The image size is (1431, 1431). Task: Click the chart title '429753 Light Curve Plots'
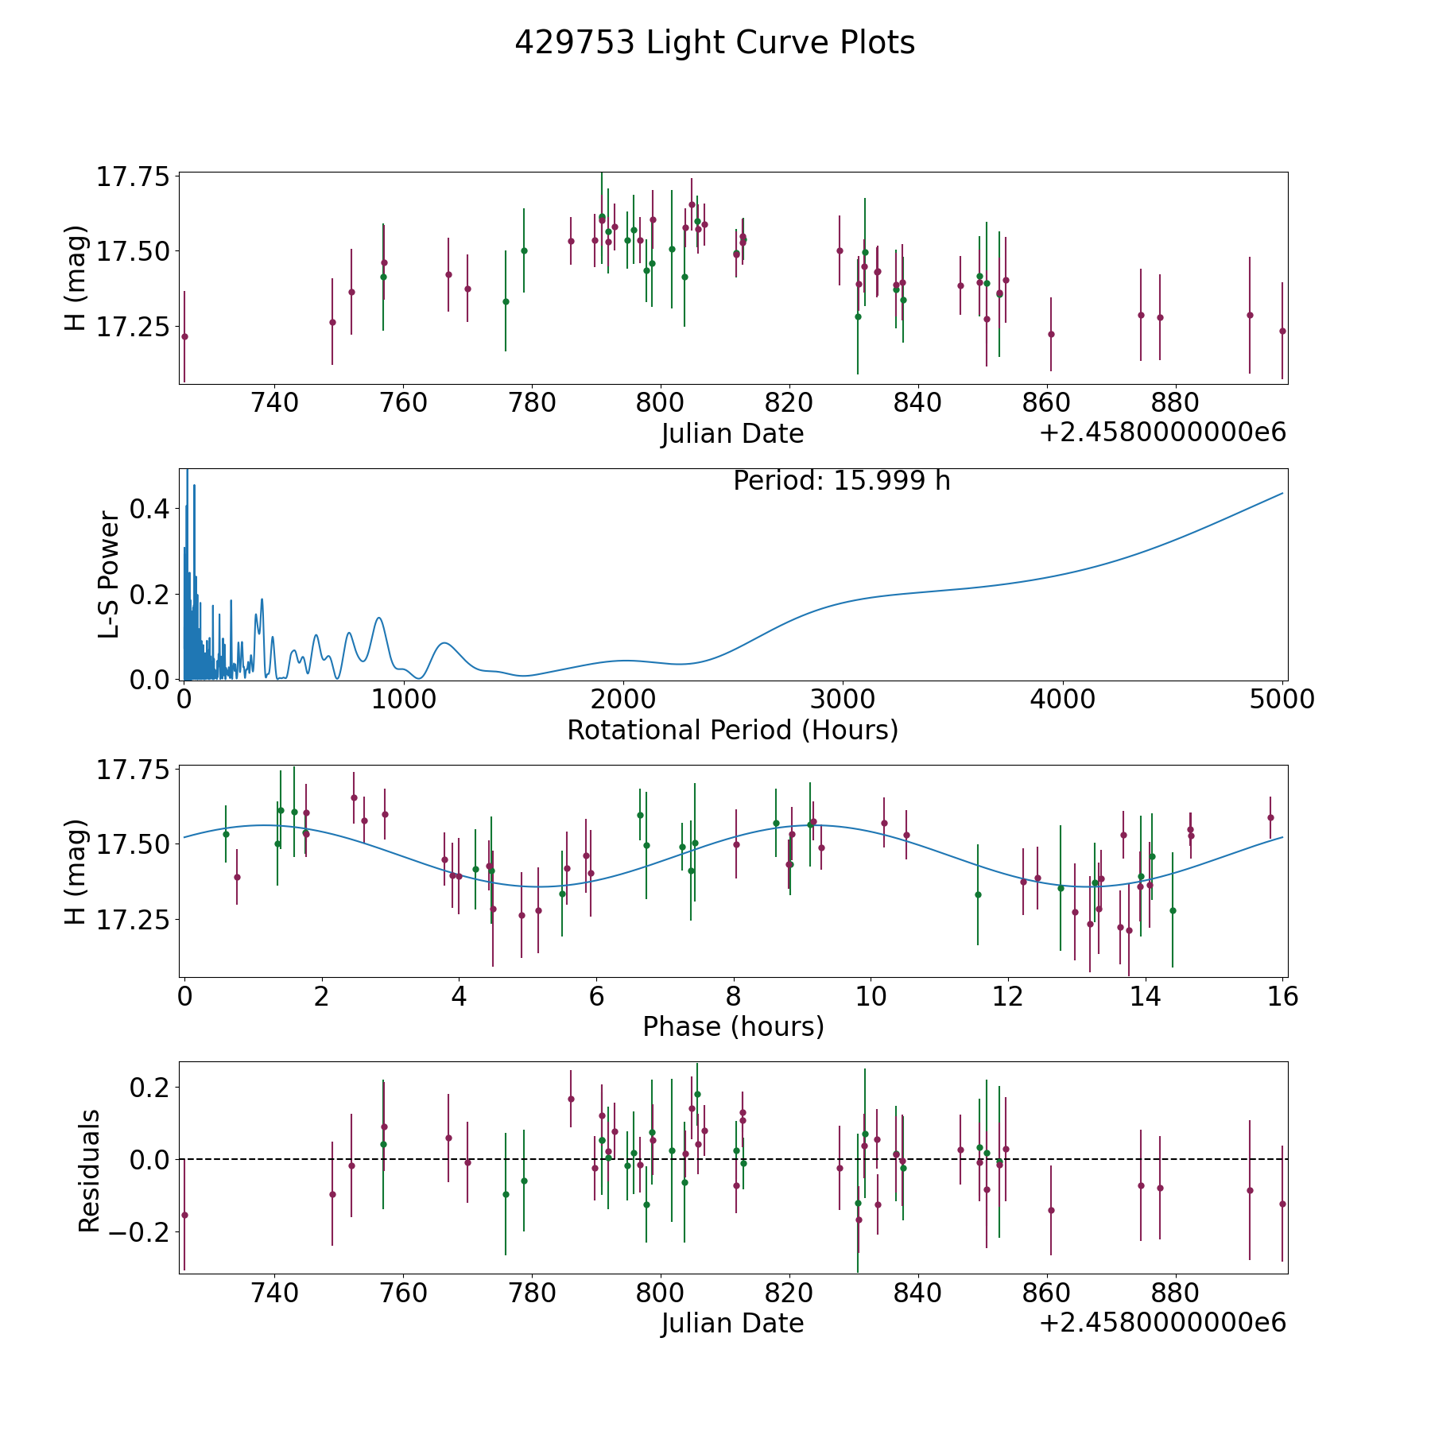(715, 43)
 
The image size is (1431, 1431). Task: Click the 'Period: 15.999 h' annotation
(841, 481)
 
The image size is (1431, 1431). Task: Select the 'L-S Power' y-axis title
(110, 575)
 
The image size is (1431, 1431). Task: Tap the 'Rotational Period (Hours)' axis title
(732, 730)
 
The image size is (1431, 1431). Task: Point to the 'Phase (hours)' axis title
(733, 1026)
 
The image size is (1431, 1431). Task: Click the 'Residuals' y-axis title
(90, 1170)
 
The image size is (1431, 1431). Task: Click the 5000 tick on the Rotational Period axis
(1282, 700)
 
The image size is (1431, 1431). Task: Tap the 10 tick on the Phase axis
(871, 996)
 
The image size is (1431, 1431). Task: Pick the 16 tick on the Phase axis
(1283, 996)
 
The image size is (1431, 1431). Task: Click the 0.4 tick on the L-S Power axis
(150, 509)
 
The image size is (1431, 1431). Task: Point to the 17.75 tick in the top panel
(133, 176)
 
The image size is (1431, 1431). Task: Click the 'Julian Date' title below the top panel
(732, 434)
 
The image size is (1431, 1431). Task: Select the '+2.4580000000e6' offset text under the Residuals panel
(1162, 1323)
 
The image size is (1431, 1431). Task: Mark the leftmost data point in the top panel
(184, 336)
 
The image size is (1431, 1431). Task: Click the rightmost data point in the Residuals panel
(1282, 1204)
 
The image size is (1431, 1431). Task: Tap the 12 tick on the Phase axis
(1009, 996)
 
